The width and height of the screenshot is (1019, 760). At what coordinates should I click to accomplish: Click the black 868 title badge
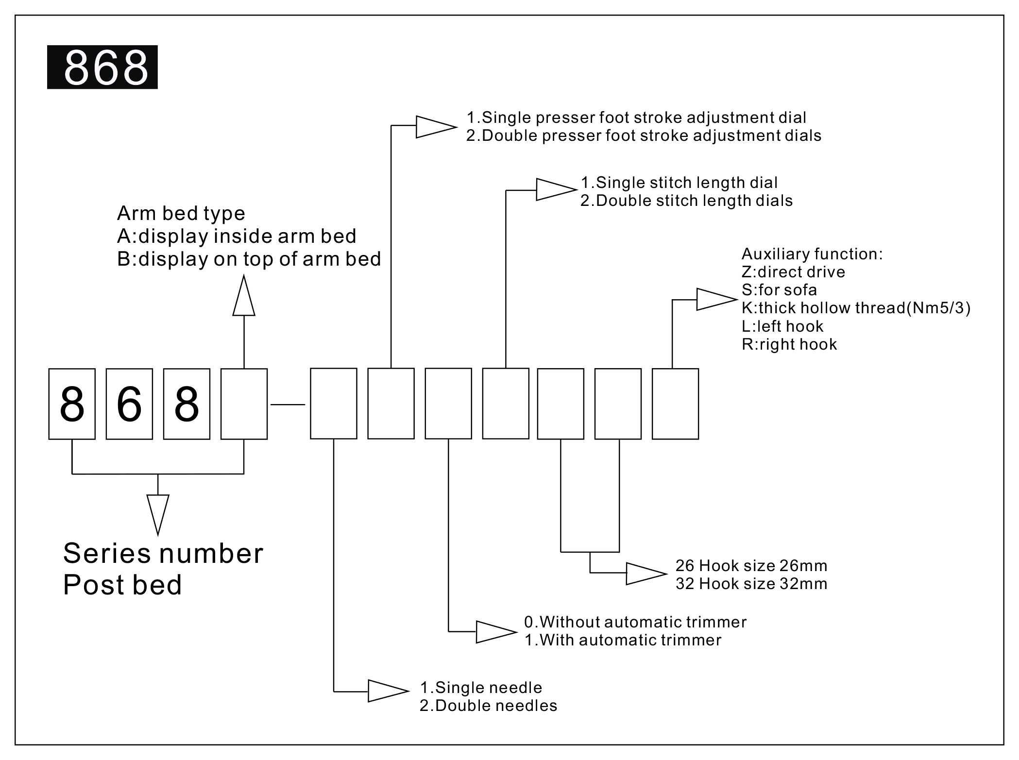102,67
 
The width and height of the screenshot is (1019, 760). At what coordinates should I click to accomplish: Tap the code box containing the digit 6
129,404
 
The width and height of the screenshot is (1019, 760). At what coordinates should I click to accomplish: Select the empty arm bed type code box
244,404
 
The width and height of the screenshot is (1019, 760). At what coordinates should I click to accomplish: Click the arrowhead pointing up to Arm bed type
244,296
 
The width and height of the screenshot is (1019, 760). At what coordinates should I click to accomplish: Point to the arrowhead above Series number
158,514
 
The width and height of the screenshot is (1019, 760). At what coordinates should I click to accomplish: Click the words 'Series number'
163,553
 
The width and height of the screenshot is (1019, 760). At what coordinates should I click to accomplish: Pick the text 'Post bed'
122,585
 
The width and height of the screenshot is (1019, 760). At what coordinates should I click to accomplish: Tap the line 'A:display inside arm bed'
237,236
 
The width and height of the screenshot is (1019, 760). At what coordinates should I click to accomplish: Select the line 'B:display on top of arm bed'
249,259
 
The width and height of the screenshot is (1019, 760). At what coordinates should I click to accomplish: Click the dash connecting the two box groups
288,404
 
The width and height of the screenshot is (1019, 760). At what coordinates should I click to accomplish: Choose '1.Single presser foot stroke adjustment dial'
636,118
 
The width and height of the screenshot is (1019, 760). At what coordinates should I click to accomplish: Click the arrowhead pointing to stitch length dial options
555,189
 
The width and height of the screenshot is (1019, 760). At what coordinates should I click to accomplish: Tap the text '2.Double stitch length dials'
686,201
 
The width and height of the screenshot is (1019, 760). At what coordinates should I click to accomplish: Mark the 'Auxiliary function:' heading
812,254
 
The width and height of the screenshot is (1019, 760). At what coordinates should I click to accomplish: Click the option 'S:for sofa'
779,290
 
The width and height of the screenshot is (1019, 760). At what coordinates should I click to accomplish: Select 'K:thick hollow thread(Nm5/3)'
856,308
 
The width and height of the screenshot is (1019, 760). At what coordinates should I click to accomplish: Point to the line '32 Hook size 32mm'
751,583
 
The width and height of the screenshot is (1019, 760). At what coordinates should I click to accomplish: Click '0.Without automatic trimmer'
635,622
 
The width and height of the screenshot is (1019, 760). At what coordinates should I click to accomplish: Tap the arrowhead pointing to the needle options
388,691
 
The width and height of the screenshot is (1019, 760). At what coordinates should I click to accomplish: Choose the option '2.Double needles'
488,706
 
